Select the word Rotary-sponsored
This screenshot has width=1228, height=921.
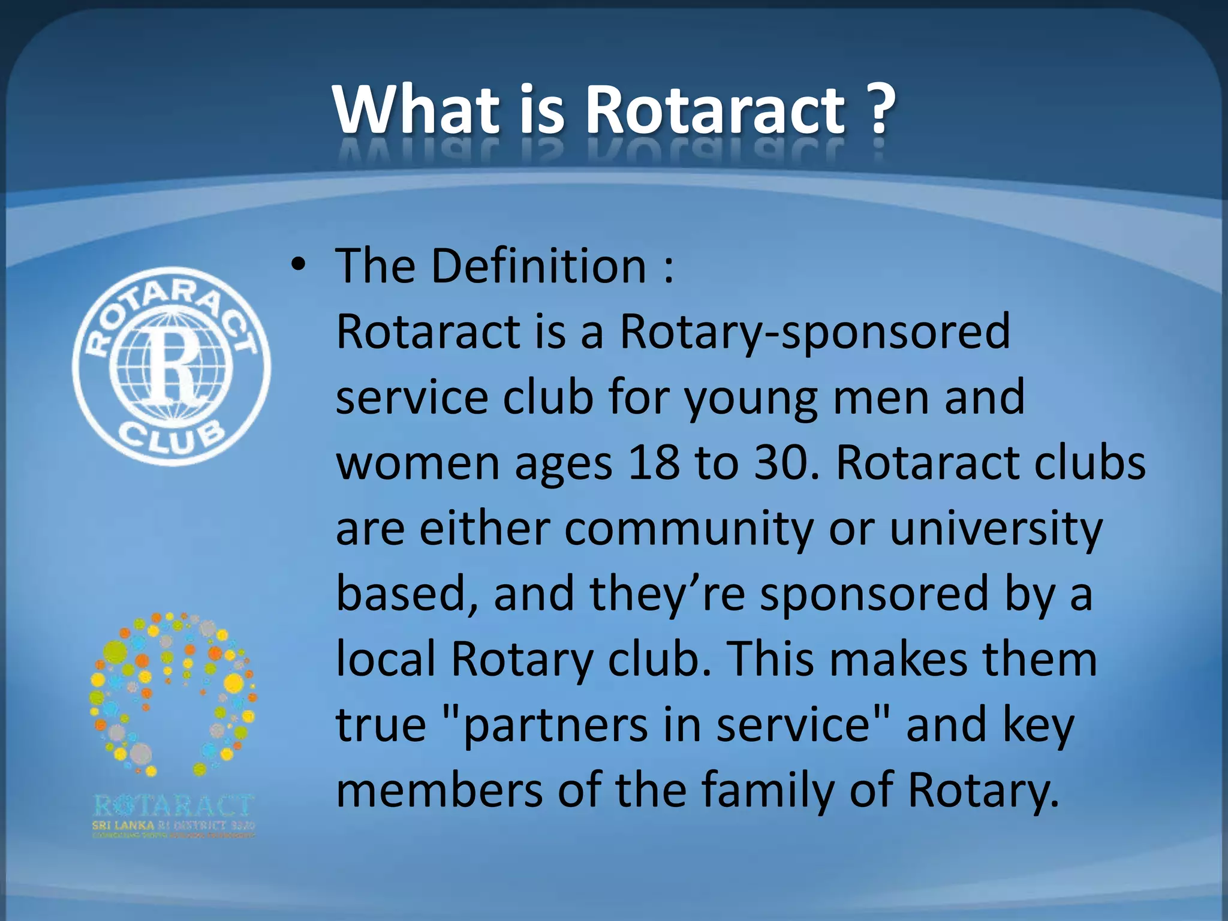(x=815, y=332)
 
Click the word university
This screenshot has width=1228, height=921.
(x=996, y=529)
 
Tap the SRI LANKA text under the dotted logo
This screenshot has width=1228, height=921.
(x=123, y=825)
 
